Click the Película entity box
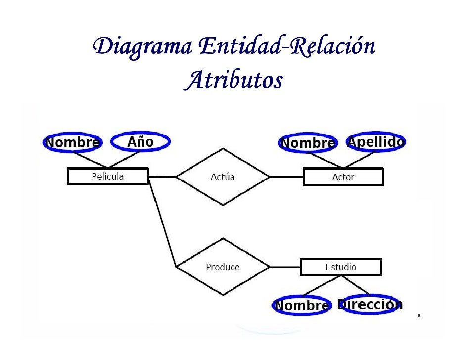pyautogui.click(x=107, y=177)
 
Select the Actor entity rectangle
pyautogui.click(x=343, y=177)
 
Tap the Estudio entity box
pyautogui.click(x=341, y=267)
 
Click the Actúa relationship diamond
pyautogui.click(x=223, y=177)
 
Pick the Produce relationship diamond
pyautogui.click(x=223, y=267)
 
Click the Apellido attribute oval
pyautogui.click(x=376, y=142)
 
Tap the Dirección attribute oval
pyautogui.click(x=370, y=305)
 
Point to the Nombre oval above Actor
pyautogui.click(x=308, y=143)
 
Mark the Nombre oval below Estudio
pyautogui.click(x=302, y=306)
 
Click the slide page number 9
pyautogui.click(x=419, y=316)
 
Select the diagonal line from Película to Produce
pyautogui.click(x=162, y=223)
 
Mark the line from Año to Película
pyautogui.click(x=124, y=159)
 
